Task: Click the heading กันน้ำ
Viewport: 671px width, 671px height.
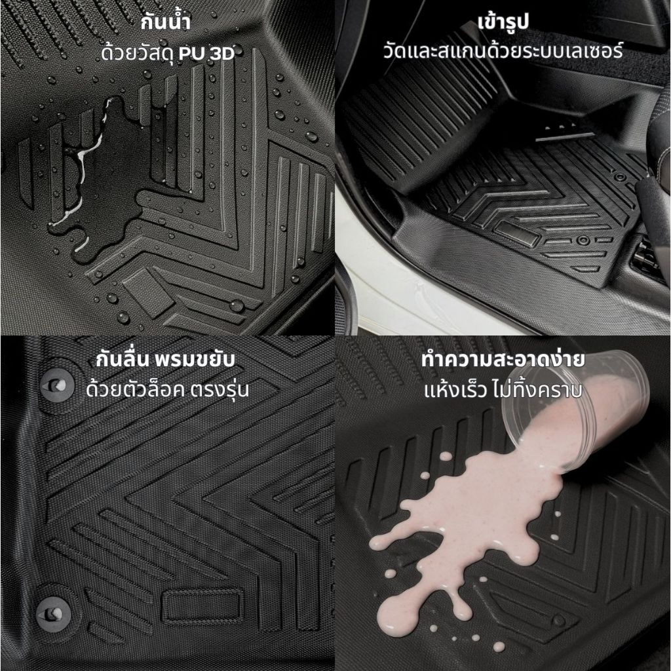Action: (165, 22)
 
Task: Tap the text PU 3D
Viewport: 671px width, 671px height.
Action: (206, 54)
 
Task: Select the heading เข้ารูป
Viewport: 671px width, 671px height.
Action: (503, 22)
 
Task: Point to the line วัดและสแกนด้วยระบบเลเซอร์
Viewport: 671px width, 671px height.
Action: (503, 51)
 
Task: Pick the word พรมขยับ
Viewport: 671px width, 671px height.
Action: (195, 360)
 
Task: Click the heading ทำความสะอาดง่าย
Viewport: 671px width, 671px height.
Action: (503, 360)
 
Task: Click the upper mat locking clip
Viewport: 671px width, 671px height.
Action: (57, 385)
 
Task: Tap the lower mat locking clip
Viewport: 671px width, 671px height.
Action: (53, 614)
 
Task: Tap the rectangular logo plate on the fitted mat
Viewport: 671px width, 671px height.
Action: (516, 233)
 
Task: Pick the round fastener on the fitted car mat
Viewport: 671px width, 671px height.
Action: (583, 240)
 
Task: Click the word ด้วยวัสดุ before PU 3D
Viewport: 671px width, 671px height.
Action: (138, 54)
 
